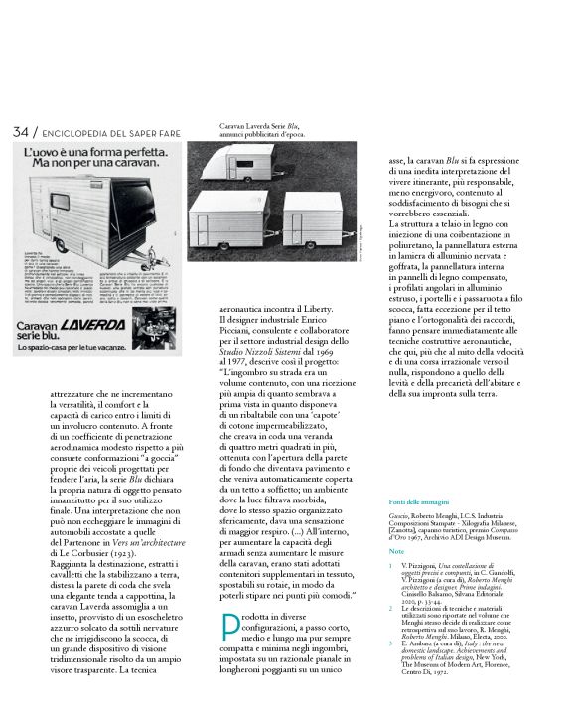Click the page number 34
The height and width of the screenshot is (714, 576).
[x=21, y=133]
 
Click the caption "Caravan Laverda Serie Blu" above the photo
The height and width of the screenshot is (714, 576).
[x=260, y=127]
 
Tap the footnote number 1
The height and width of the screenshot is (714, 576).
[x=393, y=563]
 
